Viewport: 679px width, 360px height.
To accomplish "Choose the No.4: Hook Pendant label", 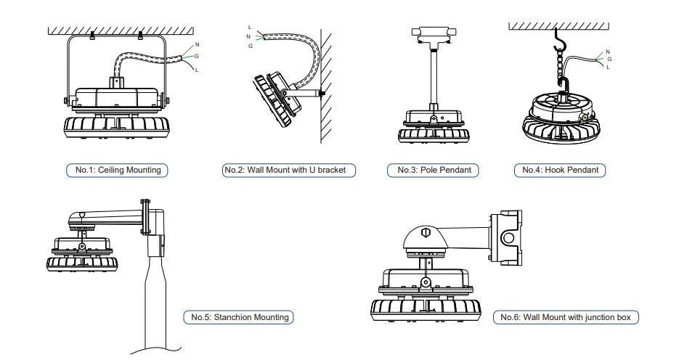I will (x=560, y=170).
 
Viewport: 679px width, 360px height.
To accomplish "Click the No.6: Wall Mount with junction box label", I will (x=566, y=317).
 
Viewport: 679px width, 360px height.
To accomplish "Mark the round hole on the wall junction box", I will (x=508, y=237).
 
